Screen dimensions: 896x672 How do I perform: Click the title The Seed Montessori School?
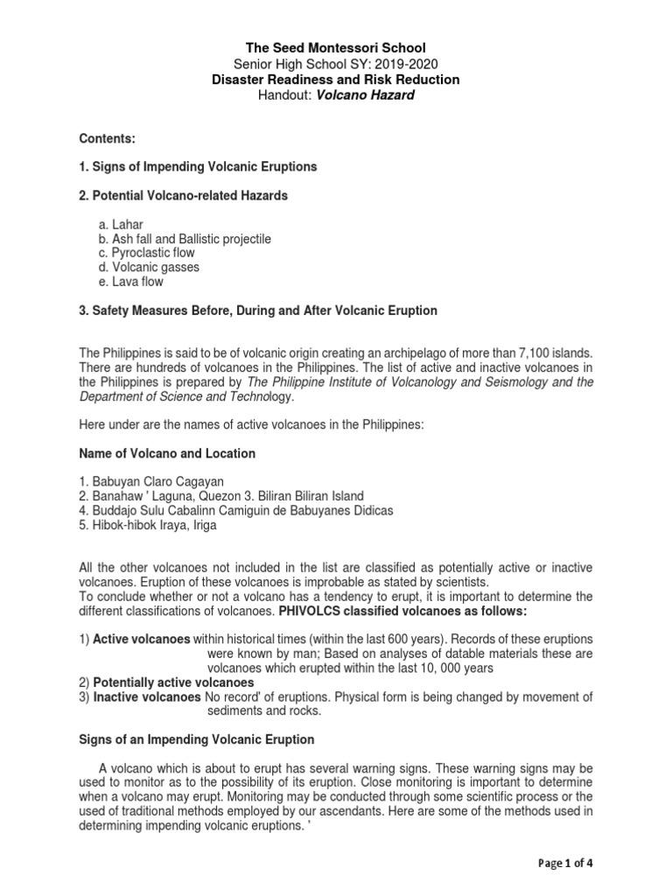pyautogui.click(x=336, y=47)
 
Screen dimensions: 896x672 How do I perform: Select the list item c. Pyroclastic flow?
pyautogui.click(x=146, y=253)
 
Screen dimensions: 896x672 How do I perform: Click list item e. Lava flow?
pyautogui.click(x=130, y=282)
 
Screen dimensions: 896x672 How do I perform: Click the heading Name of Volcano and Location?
pyautogui.click(x=167, y=453)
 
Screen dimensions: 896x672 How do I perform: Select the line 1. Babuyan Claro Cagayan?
pyautogui.click(x=152, y=482)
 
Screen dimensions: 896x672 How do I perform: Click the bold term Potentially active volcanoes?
pyautogui.click(x=173, y=682)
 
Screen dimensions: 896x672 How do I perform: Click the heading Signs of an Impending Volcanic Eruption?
pyautogui.click(x=197, y=739)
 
